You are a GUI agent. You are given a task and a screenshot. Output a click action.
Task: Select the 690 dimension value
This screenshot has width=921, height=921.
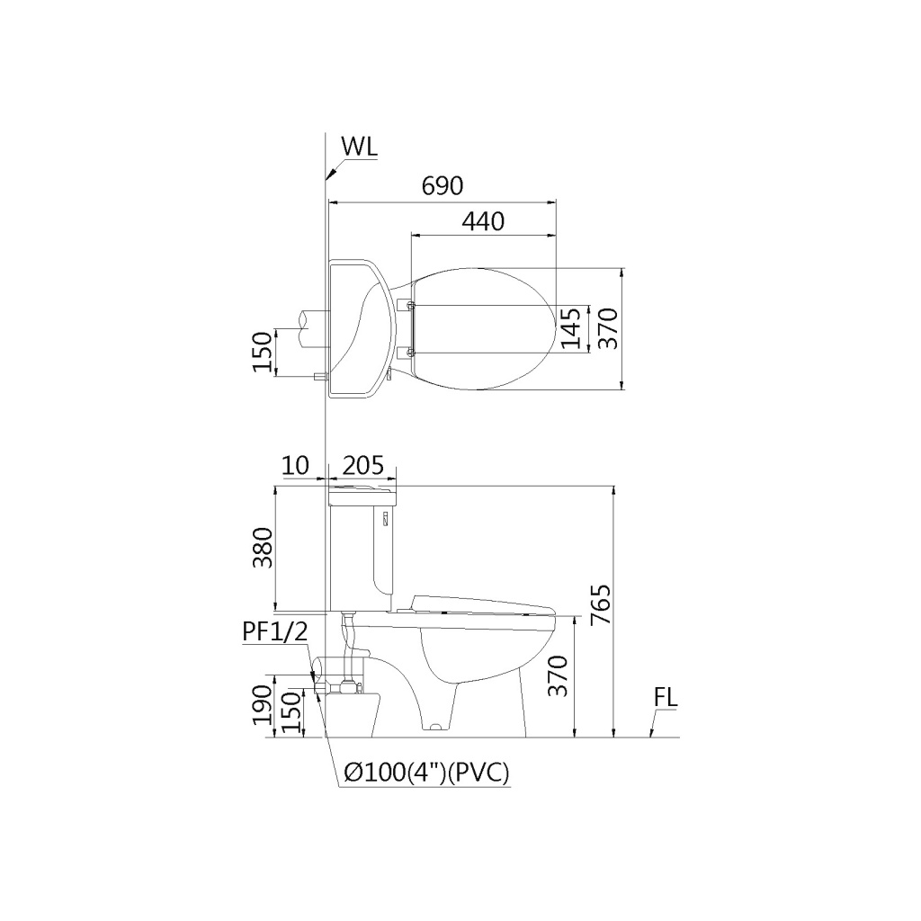(443, 186)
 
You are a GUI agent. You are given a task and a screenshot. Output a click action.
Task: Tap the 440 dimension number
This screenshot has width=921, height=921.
(483, 221)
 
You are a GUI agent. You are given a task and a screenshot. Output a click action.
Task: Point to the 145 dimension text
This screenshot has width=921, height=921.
(570, 327)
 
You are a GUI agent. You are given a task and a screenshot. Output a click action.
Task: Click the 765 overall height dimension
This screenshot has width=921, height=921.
(601, 605)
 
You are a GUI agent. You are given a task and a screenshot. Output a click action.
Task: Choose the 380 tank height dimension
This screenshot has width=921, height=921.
(263, 548)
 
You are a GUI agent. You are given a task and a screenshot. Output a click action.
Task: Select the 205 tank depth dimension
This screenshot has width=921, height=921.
(362, 465)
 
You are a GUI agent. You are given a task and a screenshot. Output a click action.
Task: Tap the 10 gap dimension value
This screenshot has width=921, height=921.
(295, 465)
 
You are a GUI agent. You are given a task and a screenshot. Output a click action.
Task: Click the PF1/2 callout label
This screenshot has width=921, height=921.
(275, 632)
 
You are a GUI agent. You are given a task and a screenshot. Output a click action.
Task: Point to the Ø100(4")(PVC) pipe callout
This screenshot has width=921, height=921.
(426, 773)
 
